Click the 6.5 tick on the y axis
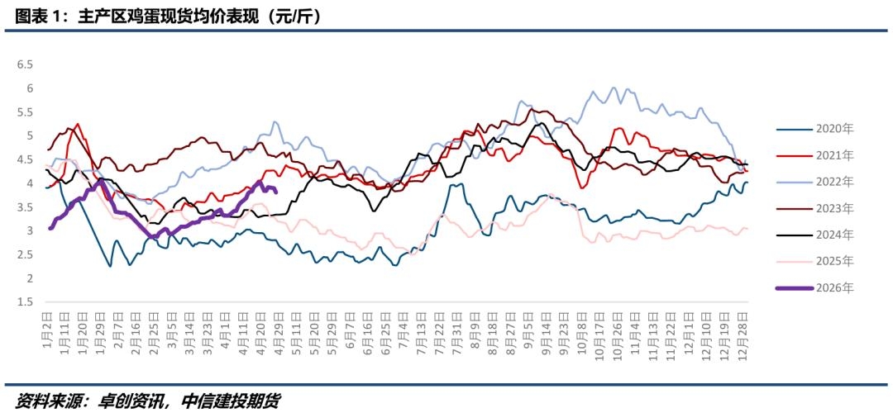[x=25, y=64]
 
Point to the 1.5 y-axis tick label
[x=25, y=302]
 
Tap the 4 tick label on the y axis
[x=30, y=183]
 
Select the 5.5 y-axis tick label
[x=25, y=112]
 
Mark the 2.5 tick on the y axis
[x=25, y=255]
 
